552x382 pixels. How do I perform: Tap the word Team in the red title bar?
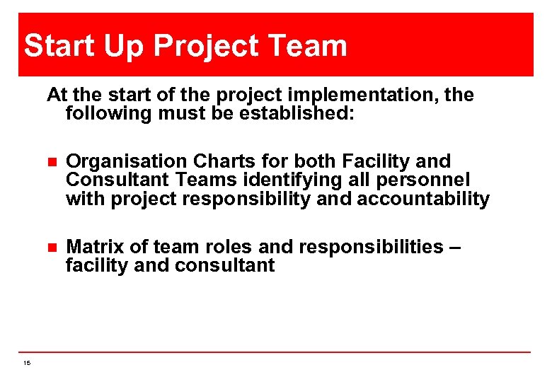(x=308, y=47)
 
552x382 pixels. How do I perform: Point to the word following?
(x=105, y=113)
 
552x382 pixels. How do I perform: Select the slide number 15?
(x=26, y=363)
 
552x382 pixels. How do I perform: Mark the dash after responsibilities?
(x=455, y=247)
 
